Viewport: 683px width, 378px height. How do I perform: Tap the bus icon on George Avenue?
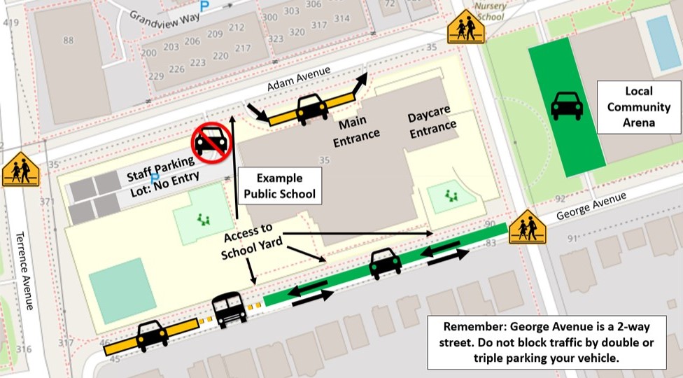coord(230,310)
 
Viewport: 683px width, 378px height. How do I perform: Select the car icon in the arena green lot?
coord(567,106)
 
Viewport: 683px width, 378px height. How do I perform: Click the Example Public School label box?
coord(280,185)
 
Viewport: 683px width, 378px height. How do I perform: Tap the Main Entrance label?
coord(356,130)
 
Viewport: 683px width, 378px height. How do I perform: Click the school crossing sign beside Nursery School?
coord(465,29)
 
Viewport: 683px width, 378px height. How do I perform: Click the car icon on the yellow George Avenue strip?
coord(151,336)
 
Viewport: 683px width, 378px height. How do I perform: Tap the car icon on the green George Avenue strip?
coord(385,263)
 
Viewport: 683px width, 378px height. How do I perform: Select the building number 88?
coord(68,40)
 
